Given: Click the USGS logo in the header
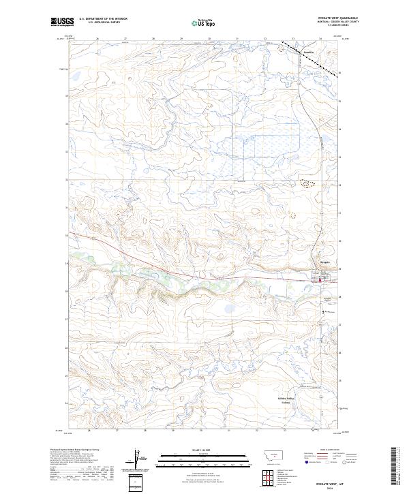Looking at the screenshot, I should click(x=61, y=22).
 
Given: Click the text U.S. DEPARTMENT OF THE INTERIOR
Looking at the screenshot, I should click(x=103, y=19).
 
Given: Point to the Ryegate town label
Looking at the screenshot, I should click(x=325, y=262).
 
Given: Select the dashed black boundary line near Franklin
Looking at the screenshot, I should click(x=300, y=49).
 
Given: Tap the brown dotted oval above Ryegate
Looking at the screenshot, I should click(x=307, y=183).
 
